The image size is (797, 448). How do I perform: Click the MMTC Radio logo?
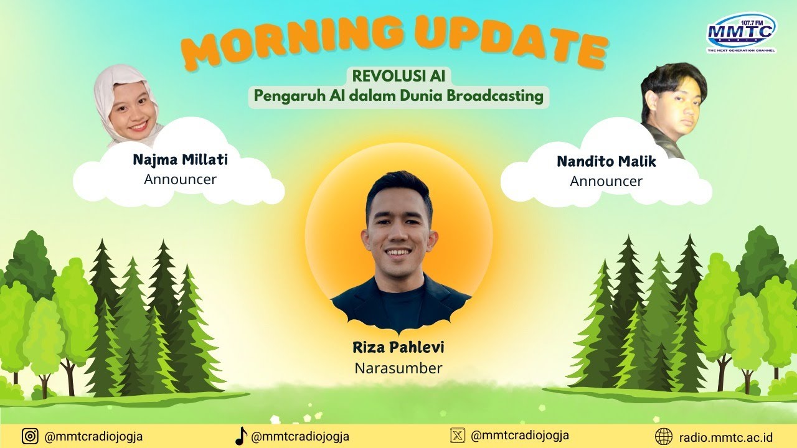[742, 33]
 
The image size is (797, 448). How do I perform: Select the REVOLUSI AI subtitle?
[398, 76]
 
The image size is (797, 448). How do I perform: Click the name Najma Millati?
[181, 160]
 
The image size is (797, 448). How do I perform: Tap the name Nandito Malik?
[606, 161]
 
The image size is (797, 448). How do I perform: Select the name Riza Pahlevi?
[398, 347]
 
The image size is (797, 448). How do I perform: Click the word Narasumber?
[398, 368]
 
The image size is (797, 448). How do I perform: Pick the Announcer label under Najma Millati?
[180, 180]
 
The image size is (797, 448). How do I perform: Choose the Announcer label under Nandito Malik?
[606, 181]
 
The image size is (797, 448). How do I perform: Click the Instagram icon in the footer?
[31, 436]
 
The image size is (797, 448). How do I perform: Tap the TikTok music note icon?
[241, 436]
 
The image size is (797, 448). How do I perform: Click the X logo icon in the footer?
[458, 436]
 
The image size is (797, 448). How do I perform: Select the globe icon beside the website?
[664, 437]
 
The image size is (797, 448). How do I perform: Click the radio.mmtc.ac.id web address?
[725, 437]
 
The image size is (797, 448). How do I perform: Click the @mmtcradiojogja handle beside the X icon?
[520, 436]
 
